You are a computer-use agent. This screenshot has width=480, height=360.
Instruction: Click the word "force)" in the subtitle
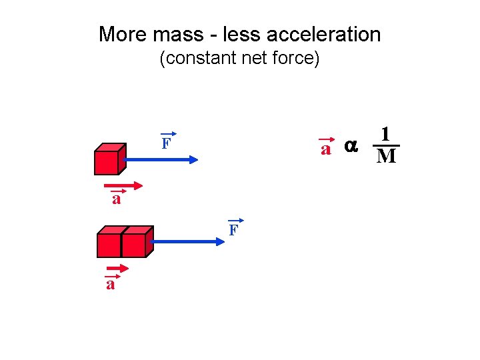299,59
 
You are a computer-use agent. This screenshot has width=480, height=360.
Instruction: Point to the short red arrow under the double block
117,270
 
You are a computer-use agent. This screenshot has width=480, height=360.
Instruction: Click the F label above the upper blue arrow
166,143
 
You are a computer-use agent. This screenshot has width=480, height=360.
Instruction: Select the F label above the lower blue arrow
233,231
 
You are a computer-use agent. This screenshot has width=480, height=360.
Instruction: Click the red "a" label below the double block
111,285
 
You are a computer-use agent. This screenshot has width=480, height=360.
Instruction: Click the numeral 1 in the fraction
385,134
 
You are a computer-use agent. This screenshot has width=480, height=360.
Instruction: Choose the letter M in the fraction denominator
386,157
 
